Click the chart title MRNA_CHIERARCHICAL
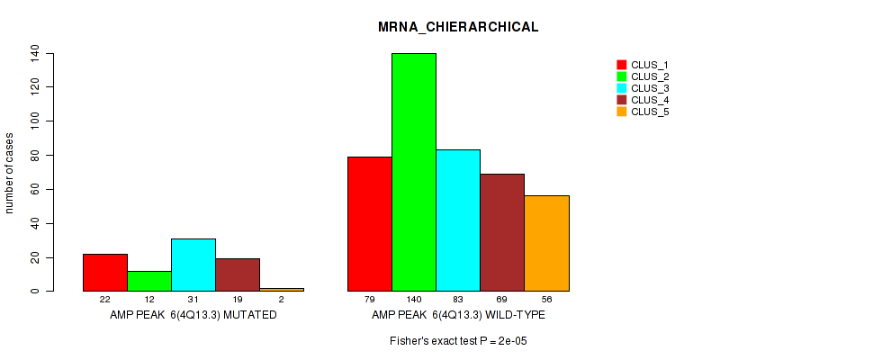click(x=458, y=27)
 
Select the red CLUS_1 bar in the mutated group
click(x=105, y=273)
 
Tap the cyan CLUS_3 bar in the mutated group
click(x=193, y=265)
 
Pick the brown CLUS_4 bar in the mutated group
click(x=238, y=274)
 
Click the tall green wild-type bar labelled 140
click(x=414, y=172)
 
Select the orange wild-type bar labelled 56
click(x=546, y=243)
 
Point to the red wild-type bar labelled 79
click(x=370, y=224)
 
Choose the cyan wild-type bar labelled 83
click(x=458, y=220)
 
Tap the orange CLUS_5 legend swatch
click(x=621, y=112)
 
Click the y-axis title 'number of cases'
click(x=10, y=173)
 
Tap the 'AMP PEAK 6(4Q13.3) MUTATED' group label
click(x=193, y=316)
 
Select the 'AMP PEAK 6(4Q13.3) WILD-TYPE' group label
click(x=458, y=316)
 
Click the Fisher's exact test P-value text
click(x=458, y=342)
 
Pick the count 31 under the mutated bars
click(x=193, y=300)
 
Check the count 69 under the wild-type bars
click(x=502, y=300)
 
